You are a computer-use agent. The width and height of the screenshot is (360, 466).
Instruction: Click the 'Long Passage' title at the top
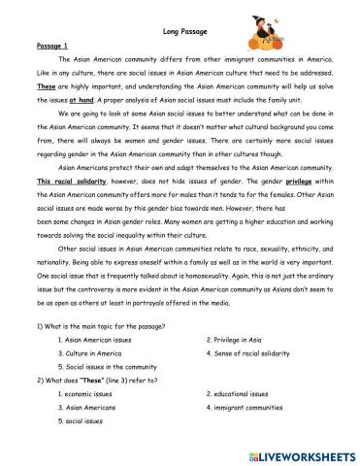[180, 31]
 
